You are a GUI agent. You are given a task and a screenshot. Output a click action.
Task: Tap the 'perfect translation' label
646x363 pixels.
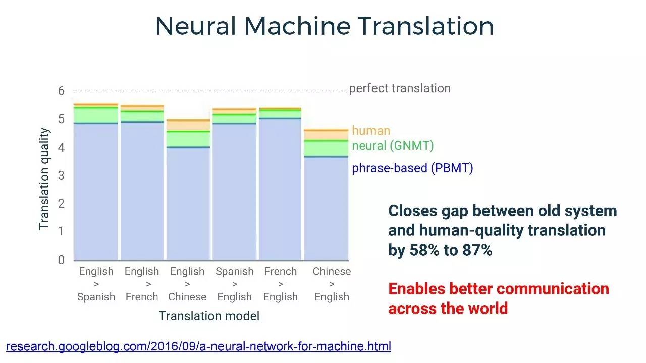400,88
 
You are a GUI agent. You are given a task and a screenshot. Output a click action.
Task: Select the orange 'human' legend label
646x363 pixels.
371,131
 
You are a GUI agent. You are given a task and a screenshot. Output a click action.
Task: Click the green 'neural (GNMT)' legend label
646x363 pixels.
393,146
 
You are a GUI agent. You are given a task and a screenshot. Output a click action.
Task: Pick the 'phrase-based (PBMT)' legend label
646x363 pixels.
412,168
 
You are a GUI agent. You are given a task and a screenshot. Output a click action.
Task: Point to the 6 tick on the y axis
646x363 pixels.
61,91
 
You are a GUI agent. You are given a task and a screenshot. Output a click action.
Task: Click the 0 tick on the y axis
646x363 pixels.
61,260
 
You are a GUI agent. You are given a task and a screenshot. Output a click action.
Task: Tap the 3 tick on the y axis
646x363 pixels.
61,175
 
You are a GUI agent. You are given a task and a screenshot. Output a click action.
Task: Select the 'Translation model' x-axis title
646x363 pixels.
209,316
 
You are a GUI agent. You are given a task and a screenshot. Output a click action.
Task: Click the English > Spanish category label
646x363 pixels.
96,284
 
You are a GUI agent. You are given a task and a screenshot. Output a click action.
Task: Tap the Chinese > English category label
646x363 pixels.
332,284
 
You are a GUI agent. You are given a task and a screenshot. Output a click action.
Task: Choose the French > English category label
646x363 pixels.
280,284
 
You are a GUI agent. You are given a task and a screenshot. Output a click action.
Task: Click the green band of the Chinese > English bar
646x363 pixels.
326,149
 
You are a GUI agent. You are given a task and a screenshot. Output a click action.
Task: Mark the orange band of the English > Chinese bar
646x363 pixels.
188,126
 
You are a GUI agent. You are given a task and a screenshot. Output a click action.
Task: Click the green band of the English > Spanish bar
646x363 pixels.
96,115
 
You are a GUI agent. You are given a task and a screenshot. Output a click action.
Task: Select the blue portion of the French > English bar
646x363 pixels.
280,189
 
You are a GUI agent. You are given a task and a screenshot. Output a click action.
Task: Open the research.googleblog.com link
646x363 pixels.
199,346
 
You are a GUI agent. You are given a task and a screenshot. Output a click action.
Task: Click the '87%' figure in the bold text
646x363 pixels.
477,250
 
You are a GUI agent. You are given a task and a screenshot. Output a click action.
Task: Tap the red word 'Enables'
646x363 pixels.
416,289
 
